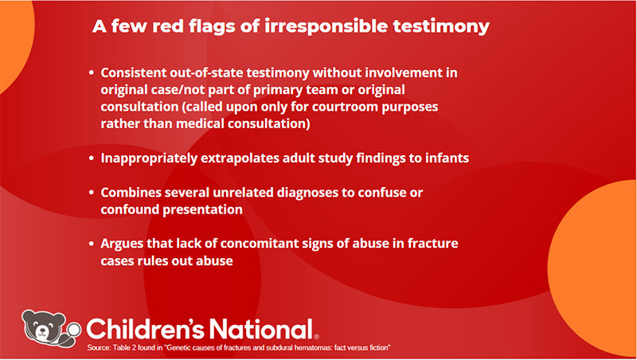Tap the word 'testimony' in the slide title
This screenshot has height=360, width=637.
(x=441, y=27)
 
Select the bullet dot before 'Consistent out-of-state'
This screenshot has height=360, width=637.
(x=92, y=72)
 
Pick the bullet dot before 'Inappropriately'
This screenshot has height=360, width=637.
(x=92, y=158)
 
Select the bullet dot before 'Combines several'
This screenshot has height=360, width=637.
(x=92, y=193)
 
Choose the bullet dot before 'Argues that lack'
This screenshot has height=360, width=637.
(x=92, y=244)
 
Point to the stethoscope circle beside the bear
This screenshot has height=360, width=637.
(x=74, y=330)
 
